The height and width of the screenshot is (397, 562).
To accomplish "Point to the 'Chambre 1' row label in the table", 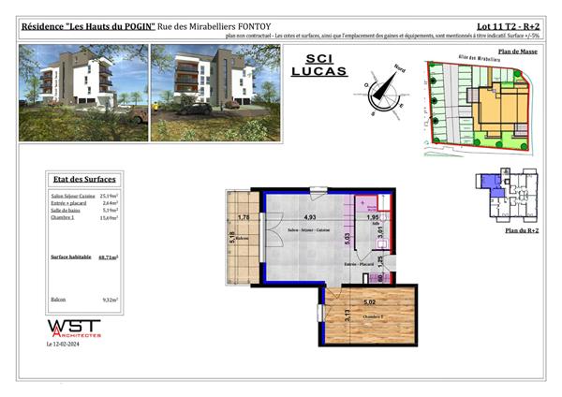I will pyautogui.click(x=64, y=217).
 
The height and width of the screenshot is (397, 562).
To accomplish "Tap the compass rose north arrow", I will pyautogui.click(x=383, y=89).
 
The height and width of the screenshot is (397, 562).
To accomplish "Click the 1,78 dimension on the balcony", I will pyautogui.click(x=244, y=218).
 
